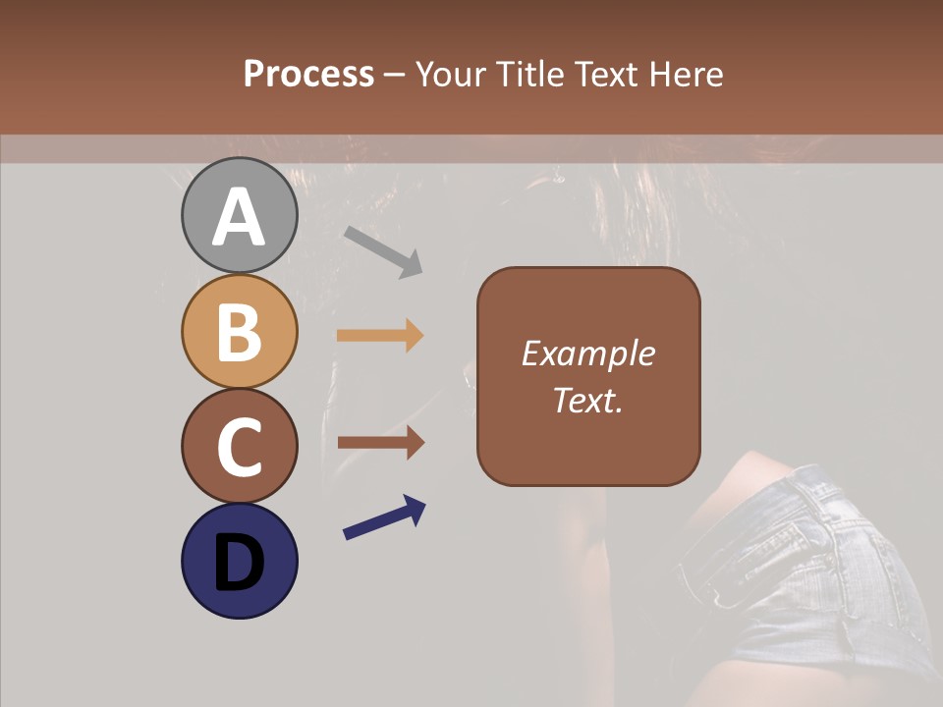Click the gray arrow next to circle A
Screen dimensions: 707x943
(x=383, y=251)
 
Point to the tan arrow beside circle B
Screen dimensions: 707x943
(x=380, y=336)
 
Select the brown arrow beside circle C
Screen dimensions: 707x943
(x=380, y=443)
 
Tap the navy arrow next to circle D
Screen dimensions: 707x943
(x=384, y=518)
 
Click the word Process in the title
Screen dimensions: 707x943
(x=308, y=74)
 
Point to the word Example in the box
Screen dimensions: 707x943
(x=587, y=353)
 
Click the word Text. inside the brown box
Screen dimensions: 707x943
(x=587, y=400)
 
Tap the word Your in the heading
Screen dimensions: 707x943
(x=450, y=74)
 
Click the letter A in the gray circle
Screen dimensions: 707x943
(x=240, y=218)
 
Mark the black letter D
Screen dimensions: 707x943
(x=240, y=564)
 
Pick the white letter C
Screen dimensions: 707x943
(x=240, y=448)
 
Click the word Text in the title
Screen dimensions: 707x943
(x=606, y=74)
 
